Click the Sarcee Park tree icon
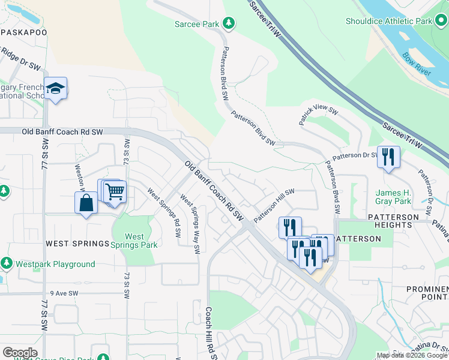point(228,23)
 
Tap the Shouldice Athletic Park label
point(389,21)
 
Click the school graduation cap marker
point(55,89)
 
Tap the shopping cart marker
point(114,193)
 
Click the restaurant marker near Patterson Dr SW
point(388,158)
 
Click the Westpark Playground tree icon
point(7,263)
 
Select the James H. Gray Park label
point(393,197)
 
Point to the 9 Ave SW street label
point(64,293)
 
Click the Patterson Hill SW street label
point(274,205)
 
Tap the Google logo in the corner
point(20,353)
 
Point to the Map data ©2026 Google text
point(412,355)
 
